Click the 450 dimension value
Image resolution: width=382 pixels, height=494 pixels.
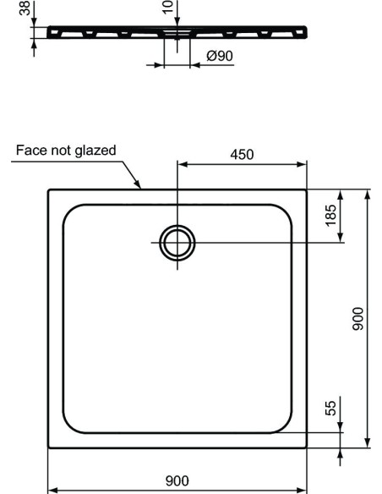point(242,154)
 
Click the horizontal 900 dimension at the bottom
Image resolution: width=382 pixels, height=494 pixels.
point(177,480)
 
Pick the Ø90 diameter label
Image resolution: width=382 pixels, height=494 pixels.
point(219,57)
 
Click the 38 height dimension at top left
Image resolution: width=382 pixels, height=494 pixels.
point(24,8)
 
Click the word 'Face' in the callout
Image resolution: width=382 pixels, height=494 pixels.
point(30,151)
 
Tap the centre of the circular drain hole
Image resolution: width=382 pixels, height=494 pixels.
point(177,242)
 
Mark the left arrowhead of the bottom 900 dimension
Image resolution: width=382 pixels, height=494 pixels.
point(51,489)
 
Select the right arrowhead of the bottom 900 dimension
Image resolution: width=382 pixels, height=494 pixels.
point(303,489)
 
